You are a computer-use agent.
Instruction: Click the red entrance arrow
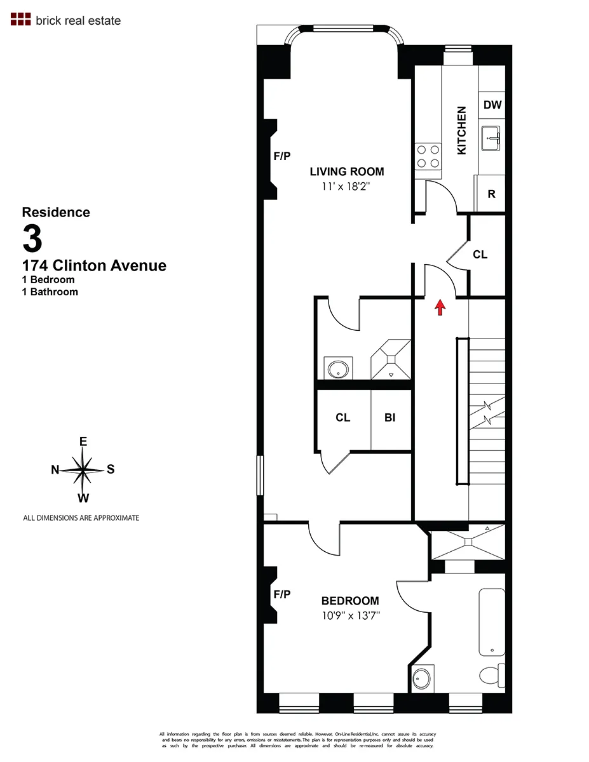438,307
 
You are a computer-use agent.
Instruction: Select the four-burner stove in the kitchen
428,156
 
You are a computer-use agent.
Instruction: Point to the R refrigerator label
491,194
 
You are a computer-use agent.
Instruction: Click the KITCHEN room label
462,130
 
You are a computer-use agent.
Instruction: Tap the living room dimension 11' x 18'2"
347,187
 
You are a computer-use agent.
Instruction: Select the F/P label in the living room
281,156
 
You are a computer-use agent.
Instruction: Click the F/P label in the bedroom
281,594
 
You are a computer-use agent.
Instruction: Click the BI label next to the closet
390,417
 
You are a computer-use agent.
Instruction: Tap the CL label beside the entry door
480,255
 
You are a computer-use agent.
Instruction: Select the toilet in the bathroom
492,674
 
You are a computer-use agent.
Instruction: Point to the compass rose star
83,471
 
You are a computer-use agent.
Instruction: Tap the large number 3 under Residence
32,239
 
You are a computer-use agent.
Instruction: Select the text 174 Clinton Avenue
94,265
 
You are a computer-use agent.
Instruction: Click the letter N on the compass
55,470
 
